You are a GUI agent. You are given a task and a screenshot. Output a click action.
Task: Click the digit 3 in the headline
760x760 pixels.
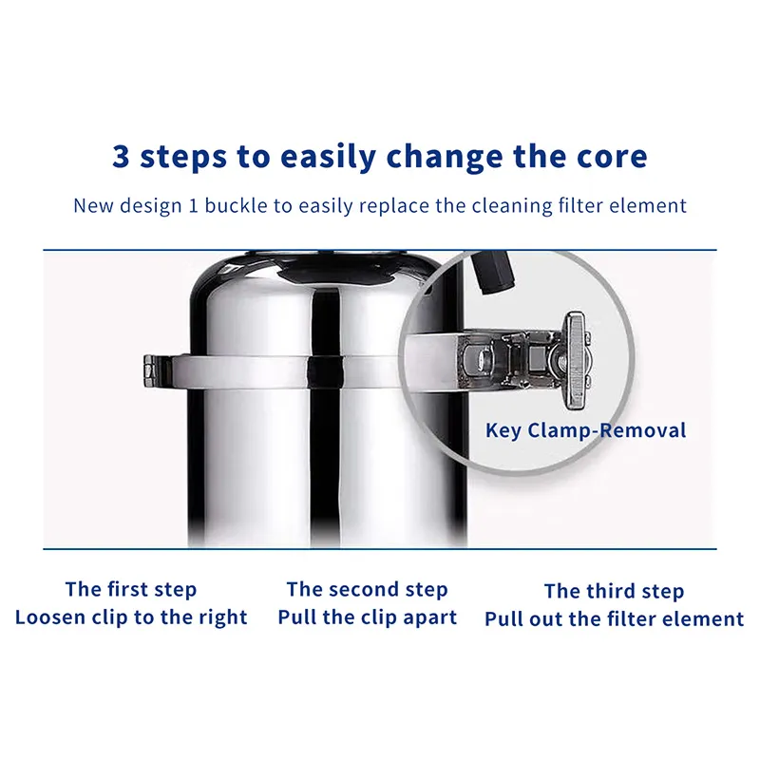(x=122, y=156)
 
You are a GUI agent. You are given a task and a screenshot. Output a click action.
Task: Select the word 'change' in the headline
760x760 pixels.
(x=445, y=158)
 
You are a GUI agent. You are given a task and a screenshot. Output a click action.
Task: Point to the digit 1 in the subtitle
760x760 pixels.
(x=193, y=206)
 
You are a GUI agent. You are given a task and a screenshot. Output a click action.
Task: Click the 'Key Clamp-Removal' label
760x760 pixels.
(x=585, y=430)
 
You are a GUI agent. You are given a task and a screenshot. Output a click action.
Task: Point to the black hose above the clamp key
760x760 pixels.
(x=492, y=272)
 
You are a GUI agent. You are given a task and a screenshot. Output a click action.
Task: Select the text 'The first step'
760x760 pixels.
(x=131, y=590)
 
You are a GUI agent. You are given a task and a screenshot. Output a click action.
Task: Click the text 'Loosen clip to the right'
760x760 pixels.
(x=131, y=617)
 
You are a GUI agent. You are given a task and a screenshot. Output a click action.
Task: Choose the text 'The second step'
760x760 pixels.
(x=367, y=590)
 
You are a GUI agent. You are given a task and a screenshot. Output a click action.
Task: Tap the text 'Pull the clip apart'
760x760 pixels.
(x=367, y=617)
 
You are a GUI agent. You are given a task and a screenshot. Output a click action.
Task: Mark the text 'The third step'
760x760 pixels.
(x=614, y=591)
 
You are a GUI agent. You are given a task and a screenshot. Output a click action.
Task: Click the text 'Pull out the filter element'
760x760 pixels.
(x=614, y=619)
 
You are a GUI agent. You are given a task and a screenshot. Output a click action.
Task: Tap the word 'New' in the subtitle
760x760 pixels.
(x=93, y=205)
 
